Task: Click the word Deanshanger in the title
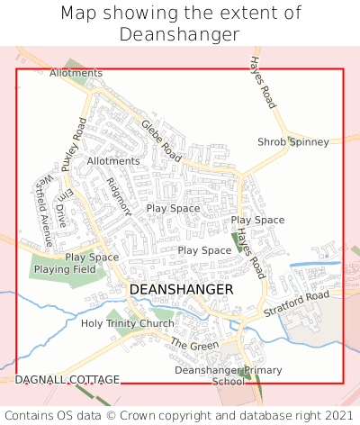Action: [x=179, y=34]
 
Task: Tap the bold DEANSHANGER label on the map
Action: [x=181, y=289]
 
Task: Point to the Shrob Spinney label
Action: [x=293, y=142]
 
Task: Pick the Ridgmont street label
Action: [x=120, y=196]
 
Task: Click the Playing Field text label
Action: [x=65, y=269]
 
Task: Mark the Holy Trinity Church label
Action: [x=128, y=323]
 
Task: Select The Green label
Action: [x=194, y=345]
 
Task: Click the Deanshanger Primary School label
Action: [x=228, y=375]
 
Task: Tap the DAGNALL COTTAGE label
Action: [x=67, y=380]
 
